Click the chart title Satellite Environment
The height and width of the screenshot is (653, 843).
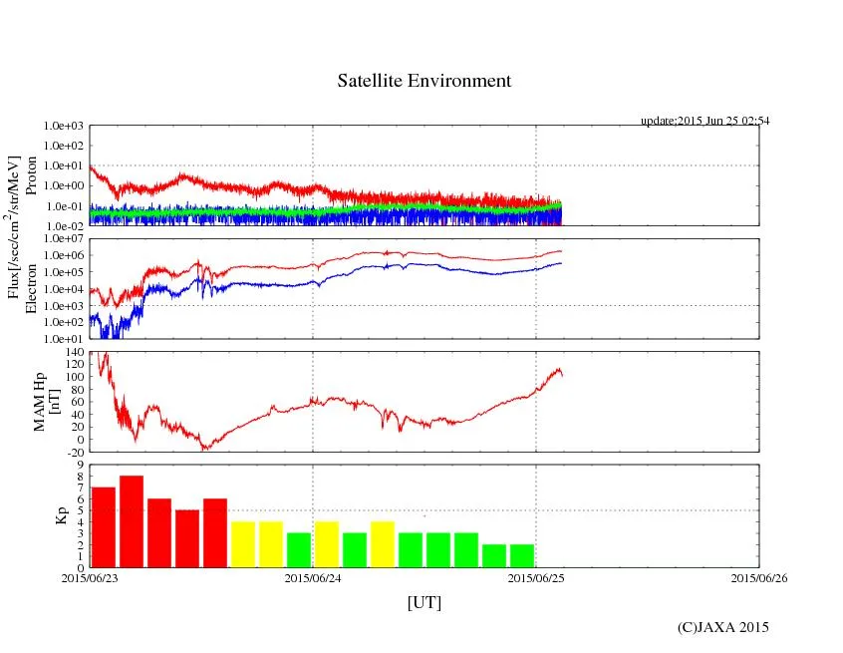point(424,81)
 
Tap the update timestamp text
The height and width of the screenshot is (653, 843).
point(704,121)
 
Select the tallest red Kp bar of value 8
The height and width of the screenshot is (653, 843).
point(132,521)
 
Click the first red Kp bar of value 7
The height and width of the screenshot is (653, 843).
point(104,527)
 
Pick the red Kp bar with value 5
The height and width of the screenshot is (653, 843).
point(187,538)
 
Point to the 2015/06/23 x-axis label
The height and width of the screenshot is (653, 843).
point(90,577)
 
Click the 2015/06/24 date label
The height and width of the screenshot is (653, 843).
point(313,577)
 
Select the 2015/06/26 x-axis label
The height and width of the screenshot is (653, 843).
point(759,577)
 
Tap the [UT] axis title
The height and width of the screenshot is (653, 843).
point(424,602)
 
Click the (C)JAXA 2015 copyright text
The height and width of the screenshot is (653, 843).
point(723,627)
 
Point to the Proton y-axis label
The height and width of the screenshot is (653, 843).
point(32,175)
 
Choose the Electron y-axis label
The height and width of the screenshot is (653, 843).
point(32,289)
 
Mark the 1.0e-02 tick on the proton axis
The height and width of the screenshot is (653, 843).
point(66,226)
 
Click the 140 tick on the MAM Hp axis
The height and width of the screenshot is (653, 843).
point(74,352)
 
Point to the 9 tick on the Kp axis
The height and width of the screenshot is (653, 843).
point(80,465)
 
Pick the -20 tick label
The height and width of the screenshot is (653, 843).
point(74,452)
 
